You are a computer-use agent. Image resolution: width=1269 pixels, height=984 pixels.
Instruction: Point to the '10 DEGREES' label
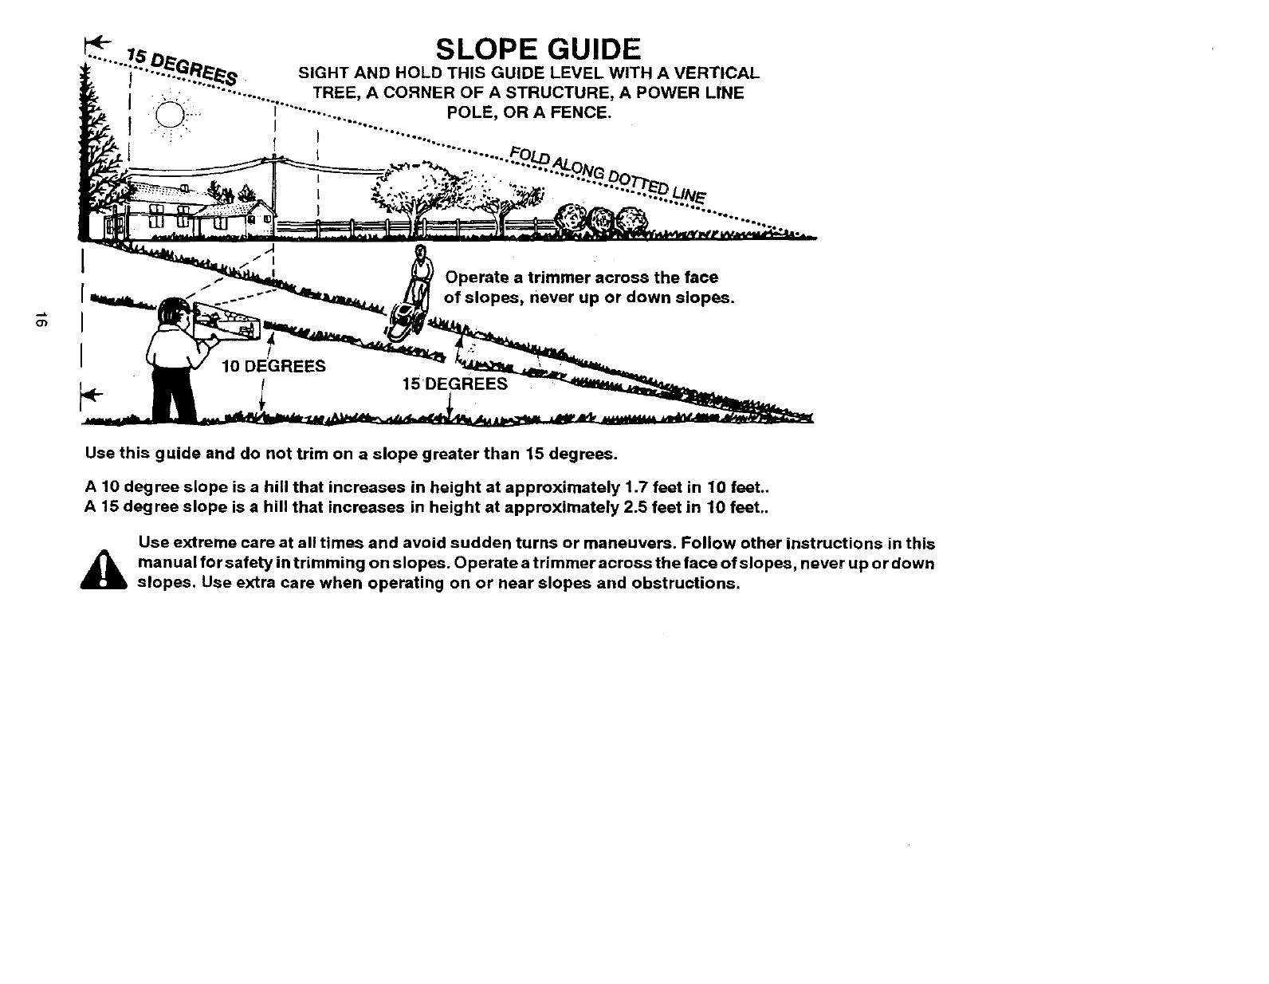(x=273, y=366)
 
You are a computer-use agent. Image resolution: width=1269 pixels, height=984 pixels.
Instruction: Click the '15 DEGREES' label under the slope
(x=454, y=384)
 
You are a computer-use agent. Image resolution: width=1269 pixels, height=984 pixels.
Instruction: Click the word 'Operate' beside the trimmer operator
(x=476, y=277)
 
